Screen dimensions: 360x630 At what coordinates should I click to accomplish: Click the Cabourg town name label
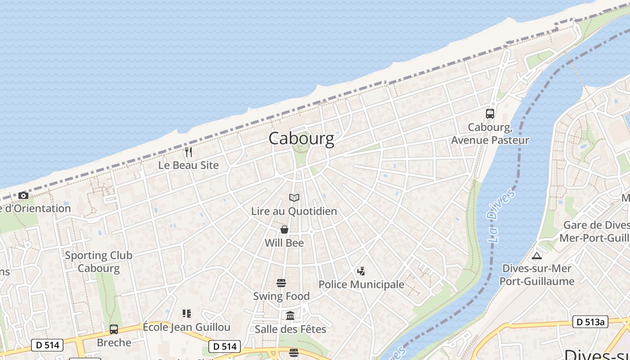pyautogui.click(x=301, y=138)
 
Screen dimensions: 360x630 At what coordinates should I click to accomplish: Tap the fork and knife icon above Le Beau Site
pyautogui.click(x=189, y=152)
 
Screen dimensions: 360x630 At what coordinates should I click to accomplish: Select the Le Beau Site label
pyautogui.click(x=189, y=165)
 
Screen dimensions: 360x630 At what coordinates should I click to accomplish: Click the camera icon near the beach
pyautogui.click(x=23, y=195)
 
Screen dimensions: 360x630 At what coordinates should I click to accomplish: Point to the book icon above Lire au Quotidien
pyautogui.click(x=294, y=198)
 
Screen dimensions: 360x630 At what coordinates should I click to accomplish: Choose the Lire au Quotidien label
pyautogui.click(x=294, y=211)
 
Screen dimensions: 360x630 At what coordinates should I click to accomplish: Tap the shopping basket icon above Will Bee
pyautogui.click(x=284, y=229)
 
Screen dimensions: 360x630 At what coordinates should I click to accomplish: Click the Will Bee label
pyautogui.click(x=284, y=243)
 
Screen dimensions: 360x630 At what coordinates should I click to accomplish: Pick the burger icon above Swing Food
pyautogui.click(x=281, y=283)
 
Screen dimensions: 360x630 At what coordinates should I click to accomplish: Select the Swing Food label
pyautogui.click(x=281, y=296)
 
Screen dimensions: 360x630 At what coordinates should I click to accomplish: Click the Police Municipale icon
pyautogui.click(x=361, y=271)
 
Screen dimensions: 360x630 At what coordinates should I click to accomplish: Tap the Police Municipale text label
pyautogui.click(x=361, y=284)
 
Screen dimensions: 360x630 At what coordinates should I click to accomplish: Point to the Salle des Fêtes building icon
pyautogui.click(x=290, y=316)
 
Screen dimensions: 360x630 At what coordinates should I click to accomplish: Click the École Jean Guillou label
pyautogui.click(x=187, y=327)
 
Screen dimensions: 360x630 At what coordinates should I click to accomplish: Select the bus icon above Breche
pyautogui.click(x=114, y=329)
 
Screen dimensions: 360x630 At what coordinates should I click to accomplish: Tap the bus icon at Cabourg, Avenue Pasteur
pyautogui.click(x=490, y=113)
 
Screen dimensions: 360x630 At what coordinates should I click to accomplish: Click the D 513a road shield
pyautogui.click(x=590, y=322)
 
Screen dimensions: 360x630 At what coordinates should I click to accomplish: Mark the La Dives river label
pyautogui.click(x=500, y=216)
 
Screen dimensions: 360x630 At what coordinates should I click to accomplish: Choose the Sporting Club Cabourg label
pyautogui.click(x=99, y=262)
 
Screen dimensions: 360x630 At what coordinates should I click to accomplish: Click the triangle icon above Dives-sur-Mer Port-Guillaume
pyautogui.click(x=536, y=256)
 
